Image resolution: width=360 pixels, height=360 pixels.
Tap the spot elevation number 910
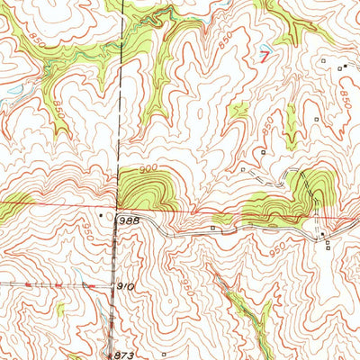(x=125, y=286)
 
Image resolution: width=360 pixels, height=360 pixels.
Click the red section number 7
(x=264, y=55)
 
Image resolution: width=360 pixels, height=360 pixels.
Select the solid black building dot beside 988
(x=100, y=216)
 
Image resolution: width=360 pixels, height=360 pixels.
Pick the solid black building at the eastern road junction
(x=322, y=236)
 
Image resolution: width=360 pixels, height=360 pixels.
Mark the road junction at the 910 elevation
(x=114, y=285)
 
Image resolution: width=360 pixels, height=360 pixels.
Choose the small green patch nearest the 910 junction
(x=60, y=309)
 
